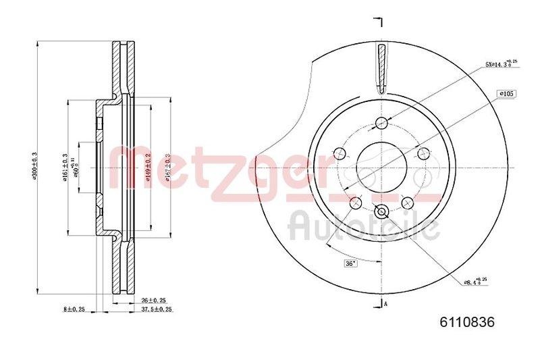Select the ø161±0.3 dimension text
65,168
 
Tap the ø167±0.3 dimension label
167,168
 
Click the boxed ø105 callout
506,93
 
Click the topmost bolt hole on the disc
381,122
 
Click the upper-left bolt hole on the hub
340,153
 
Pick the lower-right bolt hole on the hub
407,202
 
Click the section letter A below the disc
386,304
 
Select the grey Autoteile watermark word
361,226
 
